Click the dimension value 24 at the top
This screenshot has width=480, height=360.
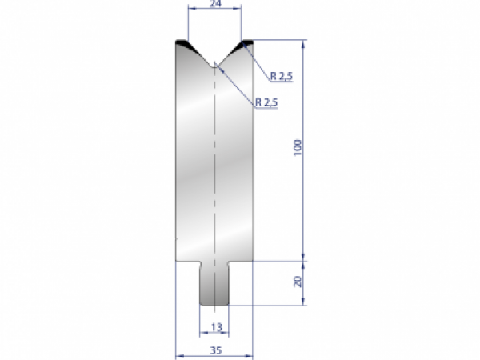pos(214,4)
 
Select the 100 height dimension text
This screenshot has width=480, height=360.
pos(298,148)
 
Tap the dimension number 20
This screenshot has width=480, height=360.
pos(298,282)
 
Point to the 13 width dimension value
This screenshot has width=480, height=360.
pos(214,327)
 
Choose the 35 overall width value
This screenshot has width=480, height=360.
pos(214,350)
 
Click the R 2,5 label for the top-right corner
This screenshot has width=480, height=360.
pos(282,77)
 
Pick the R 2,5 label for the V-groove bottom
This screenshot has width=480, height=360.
pos(267,102)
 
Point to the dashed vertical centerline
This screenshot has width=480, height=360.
pos(214,176)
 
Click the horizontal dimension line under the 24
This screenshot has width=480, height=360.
pos(214,10)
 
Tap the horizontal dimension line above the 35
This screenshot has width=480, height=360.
pos(214,356)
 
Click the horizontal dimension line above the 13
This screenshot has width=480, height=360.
pos(214,334)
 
